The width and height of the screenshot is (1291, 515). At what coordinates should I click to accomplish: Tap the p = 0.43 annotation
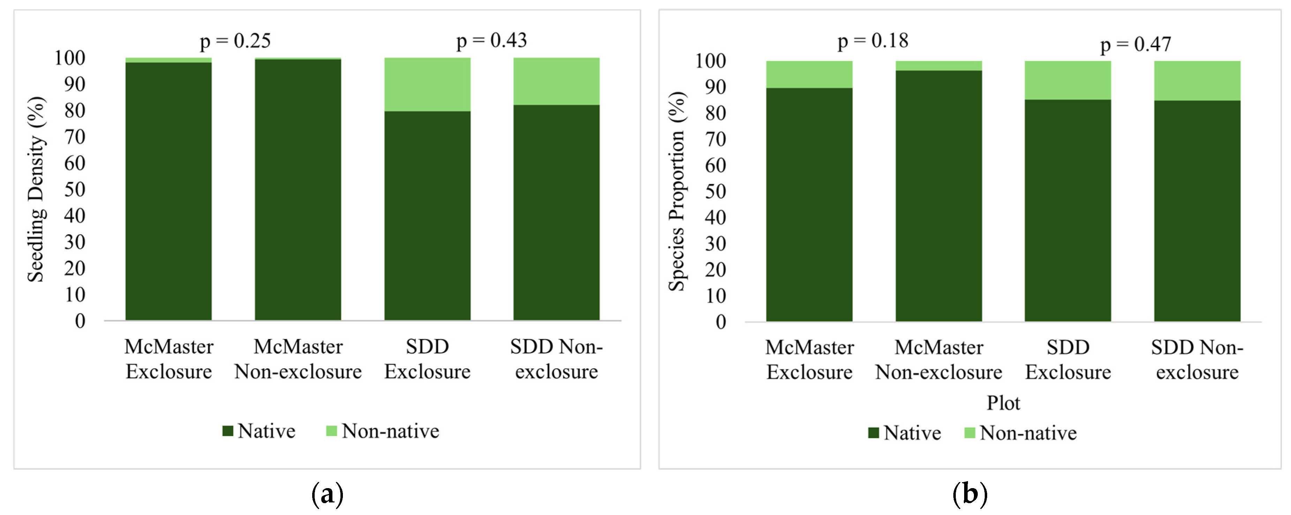tap(491, 41)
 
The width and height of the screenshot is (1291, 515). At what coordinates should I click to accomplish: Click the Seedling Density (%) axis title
tap(36, 190)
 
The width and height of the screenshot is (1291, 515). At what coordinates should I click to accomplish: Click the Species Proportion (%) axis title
tap(677, 192)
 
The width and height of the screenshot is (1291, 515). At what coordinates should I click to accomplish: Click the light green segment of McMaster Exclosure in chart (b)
tap(809, 74)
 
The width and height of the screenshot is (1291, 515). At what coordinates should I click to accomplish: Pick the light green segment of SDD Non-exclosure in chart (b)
tap(1197, 80)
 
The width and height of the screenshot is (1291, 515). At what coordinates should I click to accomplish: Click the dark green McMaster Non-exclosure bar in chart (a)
tap(298, 191)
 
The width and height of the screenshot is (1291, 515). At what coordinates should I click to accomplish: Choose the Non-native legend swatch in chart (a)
tap(331, 431)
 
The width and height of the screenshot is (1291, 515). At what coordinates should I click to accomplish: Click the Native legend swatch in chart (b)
tap(873, 433)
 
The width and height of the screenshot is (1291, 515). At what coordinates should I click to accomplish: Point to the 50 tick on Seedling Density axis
tap(75, 190)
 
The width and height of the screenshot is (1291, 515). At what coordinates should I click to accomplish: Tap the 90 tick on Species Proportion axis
tap(715, 87)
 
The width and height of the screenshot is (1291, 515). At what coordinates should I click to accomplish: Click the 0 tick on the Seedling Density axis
tap(80, 321)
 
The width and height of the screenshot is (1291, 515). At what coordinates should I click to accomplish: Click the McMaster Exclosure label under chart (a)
tap(169, 359)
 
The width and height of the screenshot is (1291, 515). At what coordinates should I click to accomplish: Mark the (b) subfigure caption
tap(969, 494)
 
